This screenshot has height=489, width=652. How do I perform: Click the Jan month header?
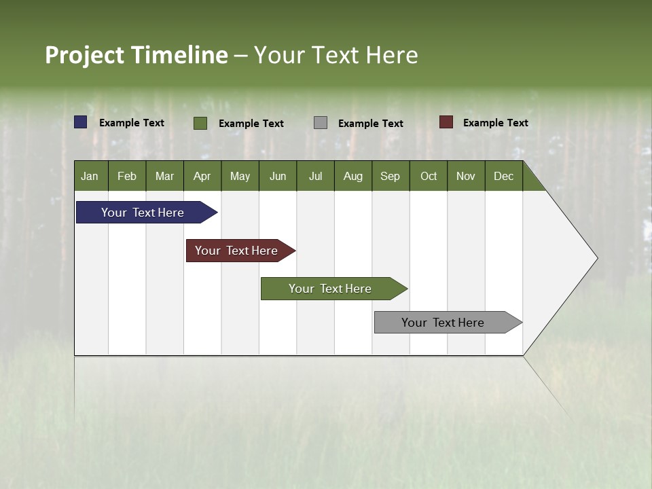click(90, 176)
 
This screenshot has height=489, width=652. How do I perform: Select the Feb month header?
click(127, 176)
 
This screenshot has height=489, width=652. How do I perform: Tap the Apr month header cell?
click(202, 176)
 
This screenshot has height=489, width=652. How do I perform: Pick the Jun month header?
click(278, 176)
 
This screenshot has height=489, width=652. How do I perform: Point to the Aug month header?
click(353, 176)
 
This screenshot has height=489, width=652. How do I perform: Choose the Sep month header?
click(391, 176)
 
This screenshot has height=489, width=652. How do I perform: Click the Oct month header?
click(429, 176)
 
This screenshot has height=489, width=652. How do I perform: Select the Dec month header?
click(504, 176)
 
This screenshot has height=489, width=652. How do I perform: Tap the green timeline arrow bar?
click(331, 289)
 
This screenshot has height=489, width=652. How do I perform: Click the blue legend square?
click(81, 122)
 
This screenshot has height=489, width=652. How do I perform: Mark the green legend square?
click(200, 123)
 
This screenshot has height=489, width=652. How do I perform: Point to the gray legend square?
click(321, 123)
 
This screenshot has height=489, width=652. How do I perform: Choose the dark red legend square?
click(446, 122)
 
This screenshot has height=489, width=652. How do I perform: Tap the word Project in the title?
click(86, 55)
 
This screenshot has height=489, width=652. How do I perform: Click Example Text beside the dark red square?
click(495, 123)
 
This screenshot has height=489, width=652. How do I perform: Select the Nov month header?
click(466, 176)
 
